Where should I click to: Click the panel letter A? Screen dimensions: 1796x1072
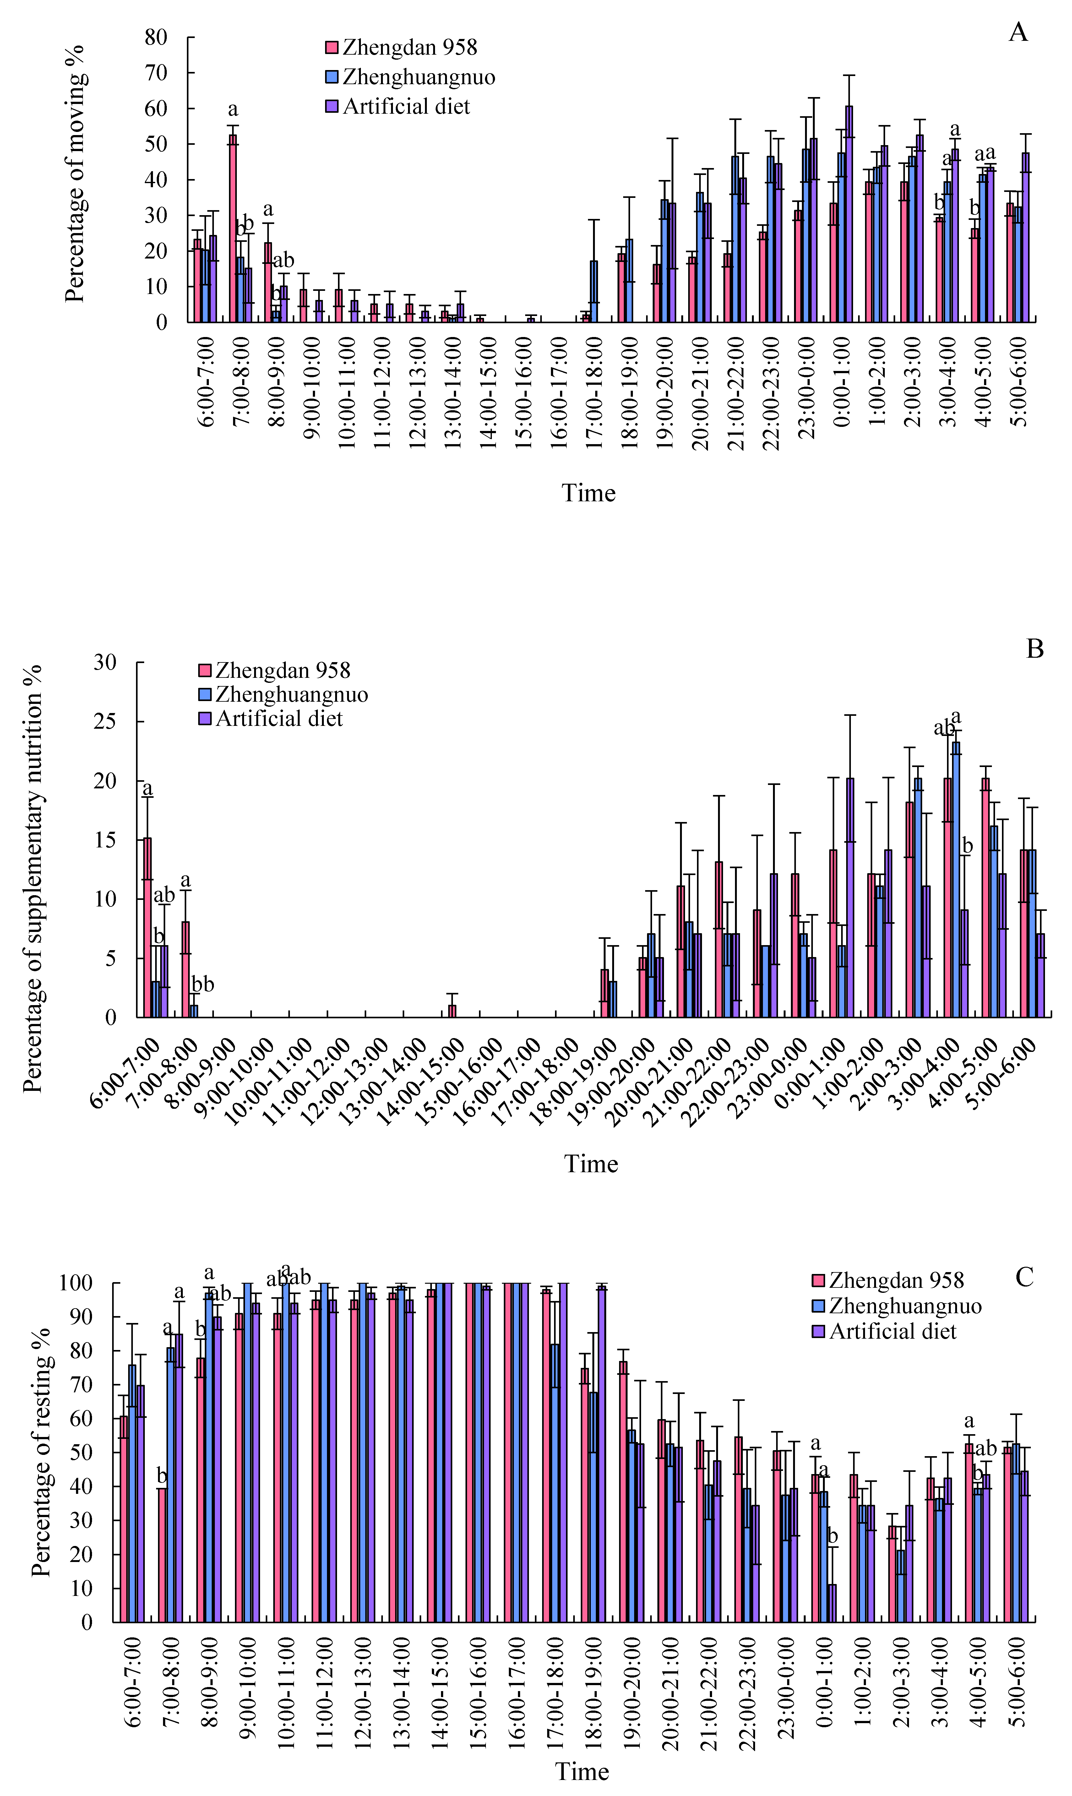tap(1018, 32)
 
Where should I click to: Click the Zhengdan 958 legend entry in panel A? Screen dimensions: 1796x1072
tap(401, 48)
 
